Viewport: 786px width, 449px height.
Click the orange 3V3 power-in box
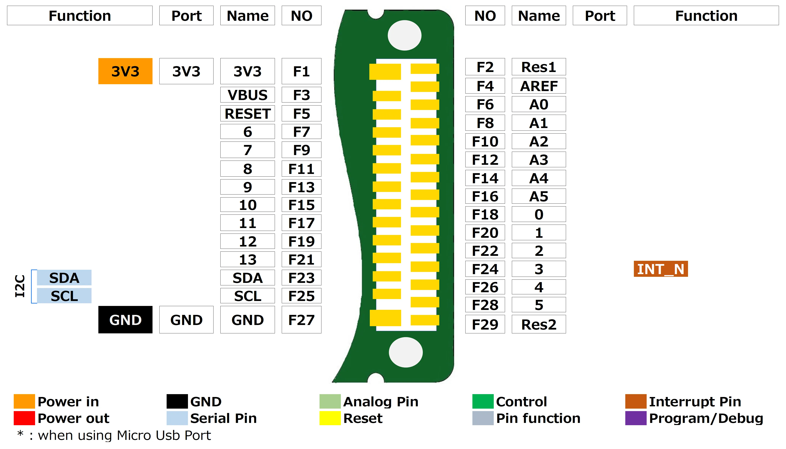coord(125,71)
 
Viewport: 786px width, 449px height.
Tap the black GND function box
coord(125,320)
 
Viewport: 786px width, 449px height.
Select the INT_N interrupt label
coord(661,269)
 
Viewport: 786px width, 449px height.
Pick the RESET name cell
coord(247,114)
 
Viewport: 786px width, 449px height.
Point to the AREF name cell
coord(539,86)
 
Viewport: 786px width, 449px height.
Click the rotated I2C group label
coord(20,286)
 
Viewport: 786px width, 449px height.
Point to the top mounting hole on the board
coord(405,35)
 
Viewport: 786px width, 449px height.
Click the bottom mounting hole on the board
coord(406,352)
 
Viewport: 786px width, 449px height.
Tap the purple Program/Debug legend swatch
coord(636,418)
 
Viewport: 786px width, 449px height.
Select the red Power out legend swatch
coord(24,418)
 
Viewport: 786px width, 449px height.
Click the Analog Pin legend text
coord(381,402)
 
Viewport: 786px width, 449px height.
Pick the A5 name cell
coord(539,196)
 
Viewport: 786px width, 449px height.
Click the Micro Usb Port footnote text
coord(124,435)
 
